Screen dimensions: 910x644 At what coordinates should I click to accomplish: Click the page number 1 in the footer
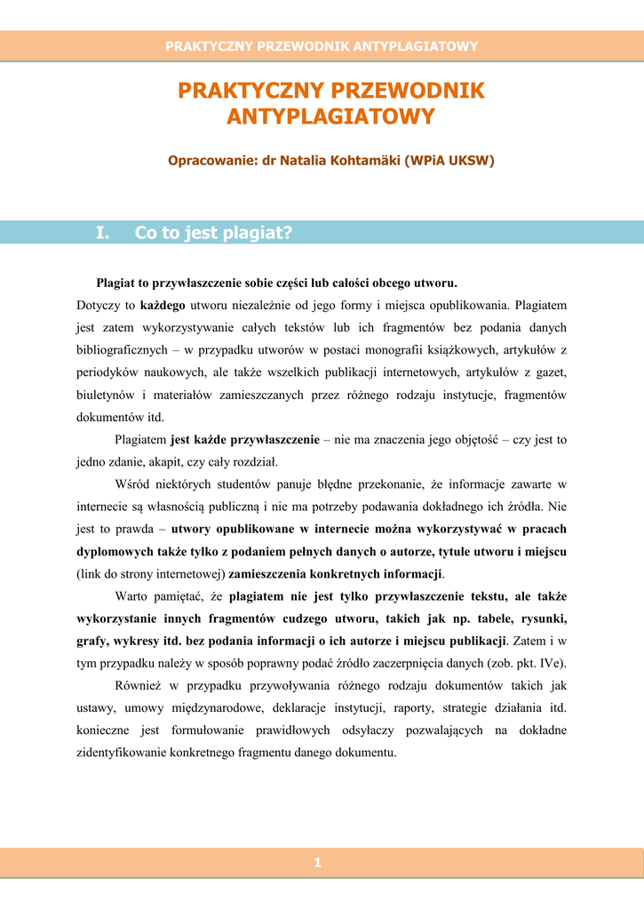[317, 862]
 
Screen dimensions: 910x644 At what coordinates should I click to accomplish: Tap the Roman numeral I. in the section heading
[103, 233]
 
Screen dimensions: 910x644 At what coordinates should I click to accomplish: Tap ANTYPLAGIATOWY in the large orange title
[330, 116]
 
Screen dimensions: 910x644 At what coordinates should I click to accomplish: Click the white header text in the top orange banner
[322, 46]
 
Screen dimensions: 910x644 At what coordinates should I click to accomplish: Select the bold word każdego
[163, 305]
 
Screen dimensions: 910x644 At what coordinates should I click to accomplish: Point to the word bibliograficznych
[123, 349]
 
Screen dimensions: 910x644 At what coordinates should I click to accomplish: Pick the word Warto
[132, 595]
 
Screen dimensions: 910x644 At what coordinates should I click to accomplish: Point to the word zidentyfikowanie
[124, 752]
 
